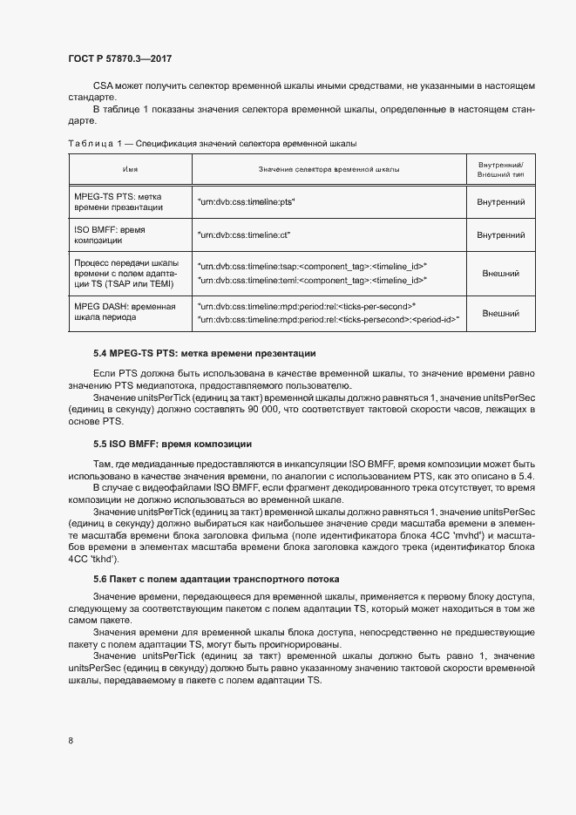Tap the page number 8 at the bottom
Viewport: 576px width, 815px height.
(70, 740)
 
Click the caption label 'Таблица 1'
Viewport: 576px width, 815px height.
(90, 142)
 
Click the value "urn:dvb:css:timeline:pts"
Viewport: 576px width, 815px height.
(247, 202)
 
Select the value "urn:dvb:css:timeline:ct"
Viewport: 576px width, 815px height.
(244, 235)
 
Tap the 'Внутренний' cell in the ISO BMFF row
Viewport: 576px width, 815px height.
(500, 235)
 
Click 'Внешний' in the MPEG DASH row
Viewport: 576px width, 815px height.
(500, 313)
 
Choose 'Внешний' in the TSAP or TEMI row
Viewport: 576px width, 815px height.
(500, 274)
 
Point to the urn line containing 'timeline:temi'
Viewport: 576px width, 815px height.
(311, 281)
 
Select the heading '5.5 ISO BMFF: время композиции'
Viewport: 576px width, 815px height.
(172, 445)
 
